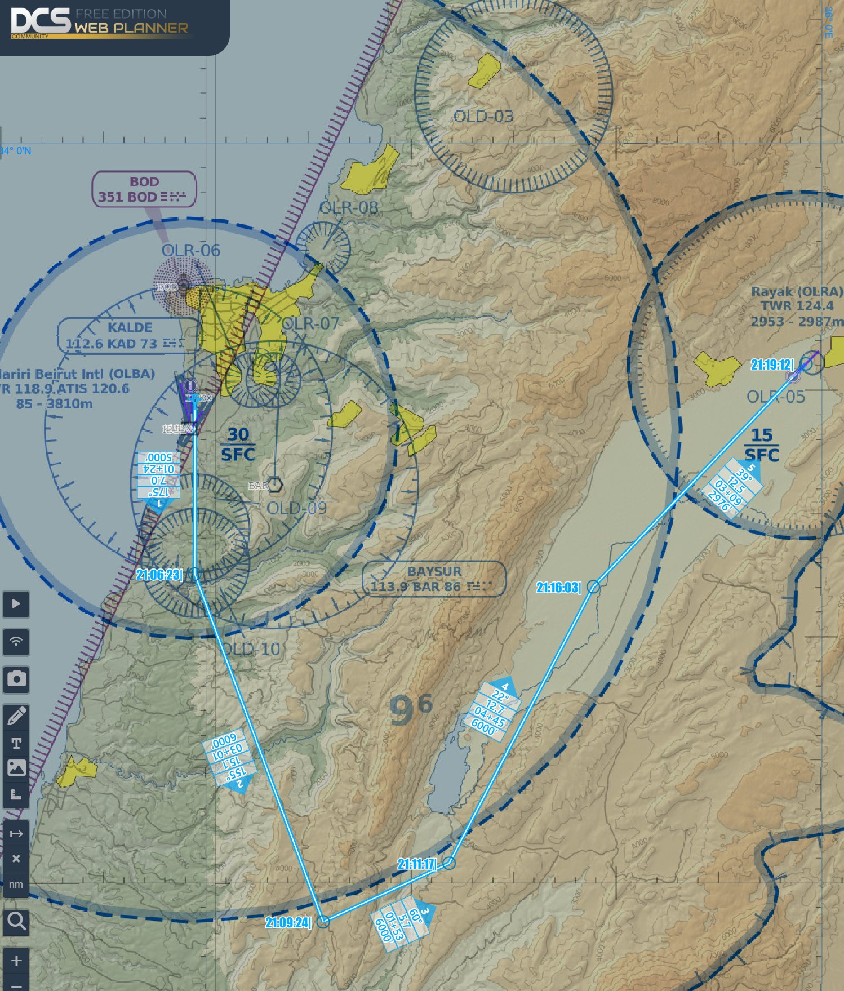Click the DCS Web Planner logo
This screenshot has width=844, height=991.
pos(99,23)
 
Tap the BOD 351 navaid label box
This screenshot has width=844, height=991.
pos(144,189)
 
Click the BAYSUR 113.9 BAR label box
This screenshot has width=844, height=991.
pos(434,579)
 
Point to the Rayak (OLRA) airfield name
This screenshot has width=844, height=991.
pos(797,292)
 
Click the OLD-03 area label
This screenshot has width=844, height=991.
pos(483,117)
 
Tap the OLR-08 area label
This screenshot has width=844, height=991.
pos(349,208)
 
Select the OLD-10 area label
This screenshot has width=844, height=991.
pos(251,649)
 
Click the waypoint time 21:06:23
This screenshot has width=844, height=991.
pos(159,575)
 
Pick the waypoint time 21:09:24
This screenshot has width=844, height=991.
pos(288,922)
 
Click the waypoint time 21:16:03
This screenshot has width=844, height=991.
pos(558,588)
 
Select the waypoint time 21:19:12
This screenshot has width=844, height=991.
pos(772,365)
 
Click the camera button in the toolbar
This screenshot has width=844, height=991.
pos(16,679)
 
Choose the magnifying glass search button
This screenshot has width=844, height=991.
pos(16,922)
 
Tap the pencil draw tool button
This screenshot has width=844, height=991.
pos(16,716)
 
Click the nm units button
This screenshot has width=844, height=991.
pos(16,885)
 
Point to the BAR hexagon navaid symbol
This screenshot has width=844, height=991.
pos(275,485)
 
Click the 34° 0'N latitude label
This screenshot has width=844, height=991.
pos(16,151)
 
